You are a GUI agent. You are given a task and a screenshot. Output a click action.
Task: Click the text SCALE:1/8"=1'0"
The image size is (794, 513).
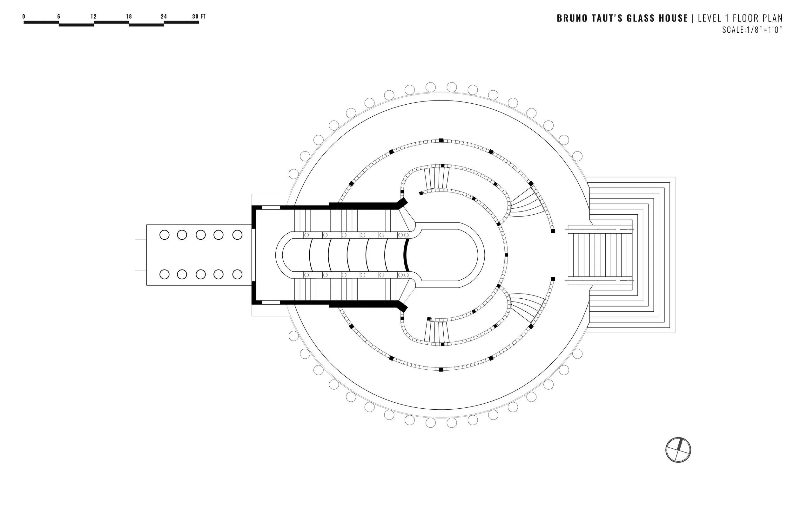[752, 30]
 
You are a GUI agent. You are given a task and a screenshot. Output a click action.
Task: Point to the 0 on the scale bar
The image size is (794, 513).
[24, 16]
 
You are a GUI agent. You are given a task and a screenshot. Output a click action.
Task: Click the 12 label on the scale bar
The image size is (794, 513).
[93, 16]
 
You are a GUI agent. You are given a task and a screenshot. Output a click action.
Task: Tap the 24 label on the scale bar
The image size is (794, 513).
[164, 16]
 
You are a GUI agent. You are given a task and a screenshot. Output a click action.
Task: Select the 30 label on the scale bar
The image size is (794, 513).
[195, 16]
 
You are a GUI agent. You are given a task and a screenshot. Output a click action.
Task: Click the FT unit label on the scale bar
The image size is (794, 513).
[203, 16]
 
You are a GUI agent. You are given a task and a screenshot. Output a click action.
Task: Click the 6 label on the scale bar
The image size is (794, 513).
[59, 16]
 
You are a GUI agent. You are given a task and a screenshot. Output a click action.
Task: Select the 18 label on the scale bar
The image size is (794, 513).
[129, 16]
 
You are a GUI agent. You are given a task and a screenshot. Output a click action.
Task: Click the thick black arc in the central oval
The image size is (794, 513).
[406, 255]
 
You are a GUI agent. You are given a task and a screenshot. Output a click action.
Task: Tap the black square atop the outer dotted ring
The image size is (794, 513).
[441, 140]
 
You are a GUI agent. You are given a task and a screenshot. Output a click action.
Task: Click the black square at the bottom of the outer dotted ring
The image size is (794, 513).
[441, 369]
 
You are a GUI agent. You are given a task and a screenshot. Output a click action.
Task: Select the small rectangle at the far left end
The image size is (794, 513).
[140, 255]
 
